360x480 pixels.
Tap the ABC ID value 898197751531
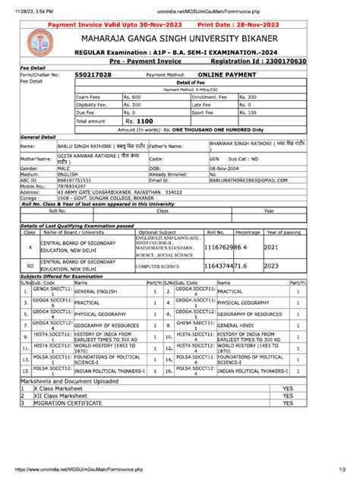67,181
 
